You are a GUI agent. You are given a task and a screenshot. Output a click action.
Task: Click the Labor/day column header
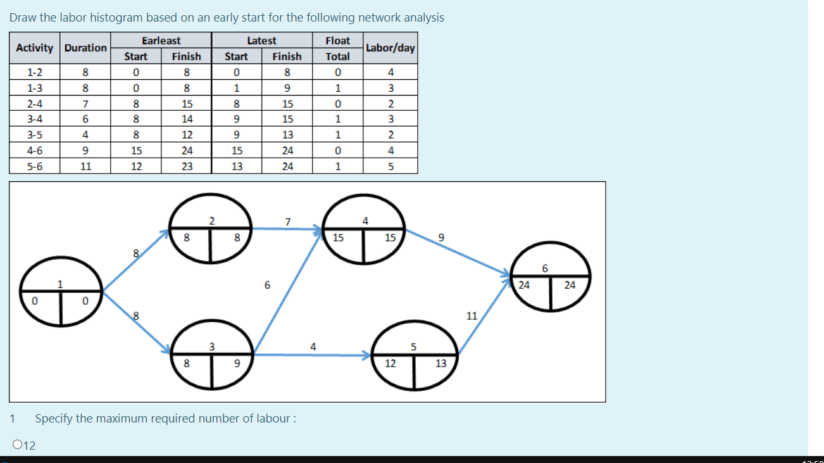[x=390, y=48]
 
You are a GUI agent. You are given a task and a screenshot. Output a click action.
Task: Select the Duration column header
[x=85, y=48]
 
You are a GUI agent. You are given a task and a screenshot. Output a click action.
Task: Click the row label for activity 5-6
[x=35, y=167]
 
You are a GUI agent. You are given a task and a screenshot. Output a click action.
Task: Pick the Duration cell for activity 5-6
[x=85, y=167]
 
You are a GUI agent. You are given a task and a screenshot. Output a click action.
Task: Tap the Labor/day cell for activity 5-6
[x=390, y=167]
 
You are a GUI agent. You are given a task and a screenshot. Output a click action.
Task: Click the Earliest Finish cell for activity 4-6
[x=186, y=151]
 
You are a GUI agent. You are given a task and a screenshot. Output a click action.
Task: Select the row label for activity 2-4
[x=35, y=104]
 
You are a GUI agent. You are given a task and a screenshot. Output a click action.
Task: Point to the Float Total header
[x=337, y=48]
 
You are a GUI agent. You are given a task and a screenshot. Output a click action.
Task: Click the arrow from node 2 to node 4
[x=288, y=229]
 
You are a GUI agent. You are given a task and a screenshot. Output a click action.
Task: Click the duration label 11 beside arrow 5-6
[x=471, y=315]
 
